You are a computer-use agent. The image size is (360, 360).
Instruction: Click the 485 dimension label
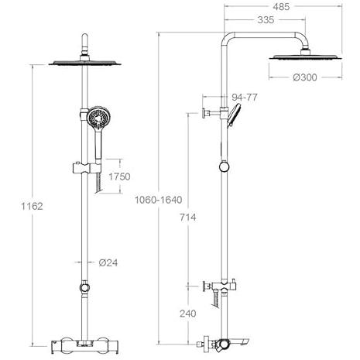[x=281, y=7]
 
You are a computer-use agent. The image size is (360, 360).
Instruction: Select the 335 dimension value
[x=266, y=20]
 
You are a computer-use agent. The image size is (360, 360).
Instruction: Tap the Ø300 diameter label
[x=305, y=77]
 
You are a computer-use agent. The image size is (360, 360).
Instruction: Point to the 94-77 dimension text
[x=245, y=98]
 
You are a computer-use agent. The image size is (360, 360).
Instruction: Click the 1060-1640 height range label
[x=159, y=200]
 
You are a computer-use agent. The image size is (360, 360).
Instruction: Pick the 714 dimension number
[x=188, y=218]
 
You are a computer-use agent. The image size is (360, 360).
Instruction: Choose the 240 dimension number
[x=188, y=314]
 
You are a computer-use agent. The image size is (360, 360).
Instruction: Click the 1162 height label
[x=32, y=206]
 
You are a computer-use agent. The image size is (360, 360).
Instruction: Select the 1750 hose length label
[x=119, y=177]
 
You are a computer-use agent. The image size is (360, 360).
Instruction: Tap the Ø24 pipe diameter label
[x=108, y=262]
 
